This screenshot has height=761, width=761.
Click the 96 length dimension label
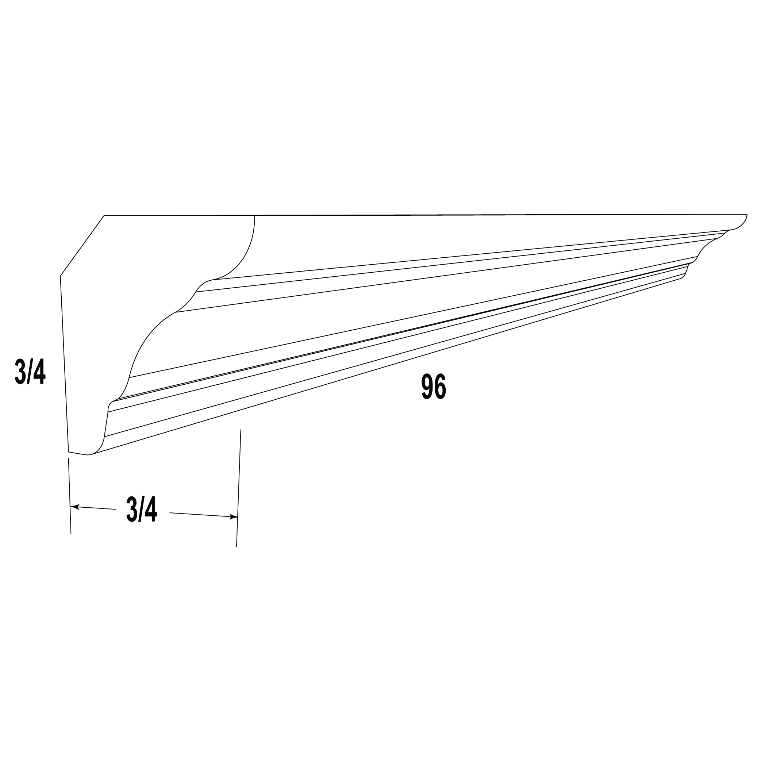434,387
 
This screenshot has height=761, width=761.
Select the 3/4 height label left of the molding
30,372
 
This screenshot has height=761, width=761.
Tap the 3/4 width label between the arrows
142,509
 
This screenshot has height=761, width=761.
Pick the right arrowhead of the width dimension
233,517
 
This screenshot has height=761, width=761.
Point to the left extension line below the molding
70,496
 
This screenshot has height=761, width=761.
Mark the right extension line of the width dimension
239,488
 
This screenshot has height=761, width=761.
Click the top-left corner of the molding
104,215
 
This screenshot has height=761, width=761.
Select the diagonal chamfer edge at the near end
82,246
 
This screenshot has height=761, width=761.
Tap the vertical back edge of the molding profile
64,364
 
